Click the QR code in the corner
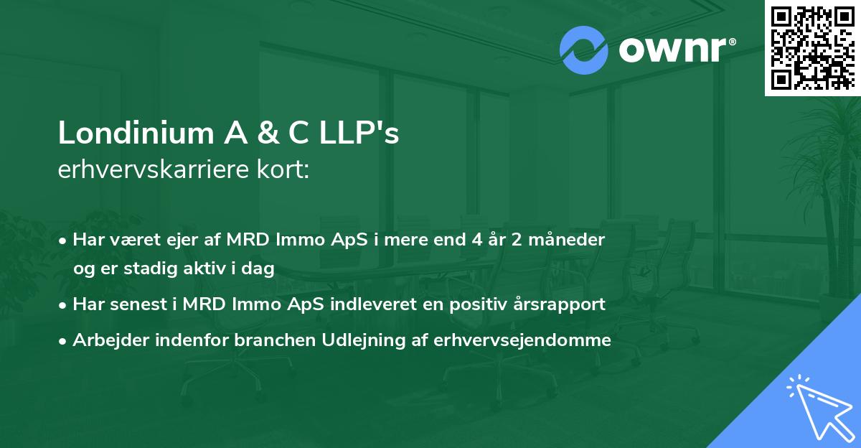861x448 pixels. [812, 48]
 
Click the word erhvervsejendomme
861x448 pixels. [522, 340]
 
